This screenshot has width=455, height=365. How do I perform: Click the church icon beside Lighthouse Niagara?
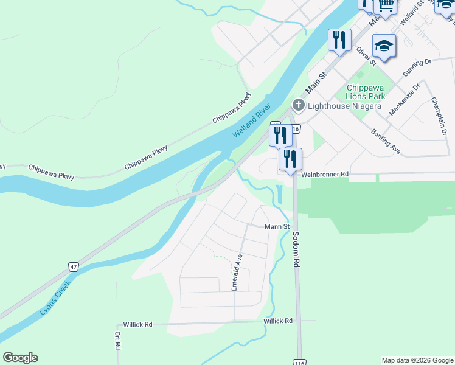tap(298, 105)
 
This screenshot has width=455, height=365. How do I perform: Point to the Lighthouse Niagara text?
tap(344, 106)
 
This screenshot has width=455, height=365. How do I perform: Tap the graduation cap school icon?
tap(384, 46)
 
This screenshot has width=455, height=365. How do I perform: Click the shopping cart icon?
tap(385, 5)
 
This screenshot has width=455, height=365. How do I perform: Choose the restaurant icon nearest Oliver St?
tap(339, 40)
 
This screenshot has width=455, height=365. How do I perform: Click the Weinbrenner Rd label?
tap(325, 174)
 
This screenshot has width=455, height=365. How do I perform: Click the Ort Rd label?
tap(116, 341)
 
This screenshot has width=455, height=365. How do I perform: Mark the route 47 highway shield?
tap(73, 267)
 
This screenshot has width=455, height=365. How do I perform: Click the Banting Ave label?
tap(386, 141)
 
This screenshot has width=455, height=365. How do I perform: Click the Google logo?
tap(20, 358)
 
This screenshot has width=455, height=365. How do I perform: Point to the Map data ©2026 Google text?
tap(417, 360)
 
